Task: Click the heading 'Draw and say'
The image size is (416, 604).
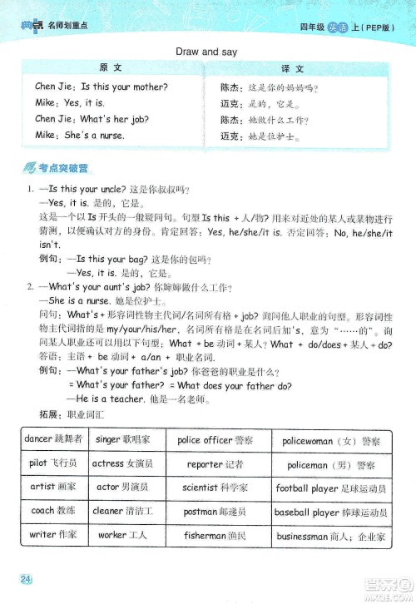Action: (x=207, y=52)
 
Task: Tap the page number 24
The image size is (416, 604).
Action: (x=27, y=579)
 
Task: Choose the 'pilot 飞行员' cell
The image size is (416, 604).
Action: (x=52, y=463)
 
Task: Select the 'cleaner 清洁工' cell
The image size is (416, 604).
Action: (x=122, y=512)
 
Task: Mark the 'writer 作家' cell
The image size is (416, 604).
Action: (x=52, y=536)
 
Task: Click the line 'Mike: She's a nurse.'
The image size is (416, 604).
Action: (x=80, y=135)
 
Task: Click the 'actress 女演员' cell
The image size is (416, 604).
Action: (x=122, y=463)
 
